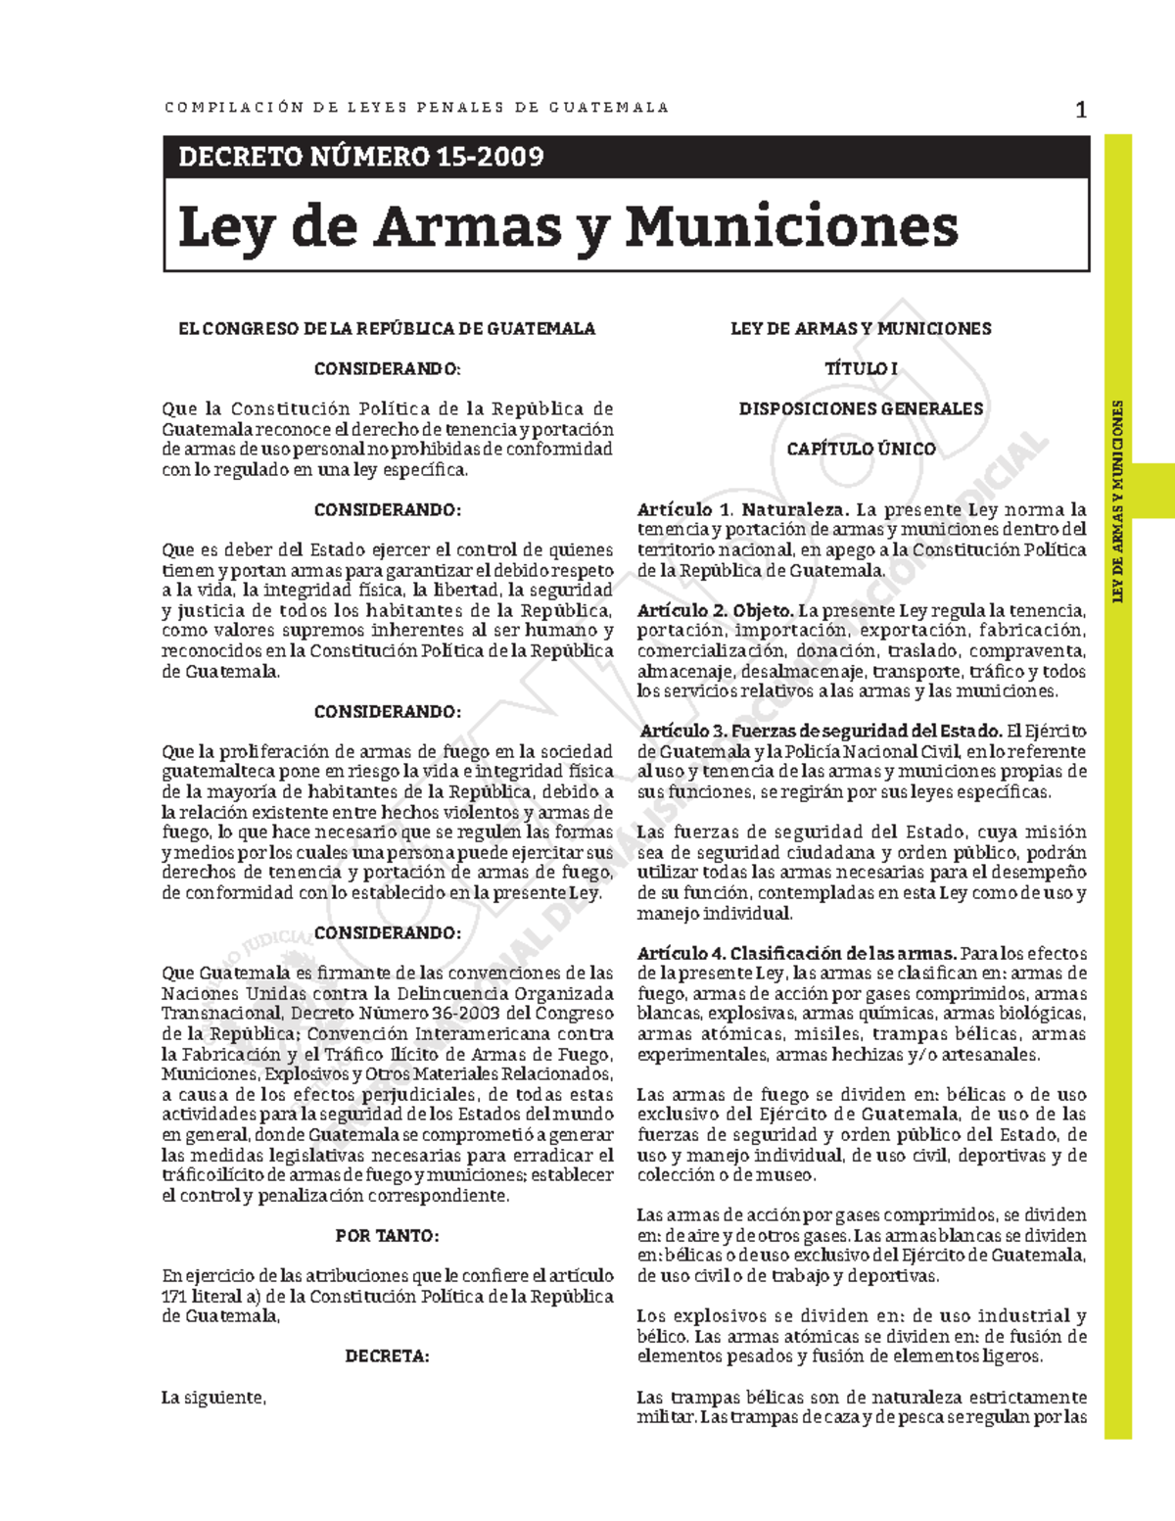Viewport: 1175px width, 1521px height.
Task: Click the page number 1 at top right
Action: (x=1081, y=110)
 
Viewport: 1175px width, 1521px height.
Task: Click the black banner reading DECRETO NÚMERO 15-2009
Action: (x=360, y=157)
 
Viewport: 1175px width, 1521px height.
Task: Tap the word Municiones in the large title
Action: (x=791, y=227)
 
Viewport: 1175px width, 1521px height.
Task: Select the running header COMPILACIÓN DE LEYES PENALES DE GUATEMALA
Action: (x=416, y=108)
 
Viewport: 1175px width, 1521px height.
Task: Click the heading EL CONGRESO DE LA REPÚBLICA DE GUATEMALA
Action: (x=387, y=329)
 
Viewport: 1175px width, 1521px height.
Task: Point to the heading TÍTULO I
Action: (x=861, y=369)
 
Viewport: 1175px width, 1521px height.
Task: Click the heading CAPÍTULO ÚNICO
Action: (x=861, y=450)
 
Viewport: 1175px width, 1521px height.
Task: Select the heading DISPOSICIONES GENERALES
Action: (x=861, y=409)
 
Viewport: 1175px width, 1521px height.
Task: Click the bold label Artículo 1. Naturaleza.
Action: (x=742, y=510)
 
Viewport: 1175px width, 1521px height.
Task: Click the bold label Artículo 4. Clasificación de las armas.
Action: (x=796, y=954)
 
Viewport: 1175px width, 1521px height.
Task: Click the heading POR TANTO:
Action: (x=387, y=1236)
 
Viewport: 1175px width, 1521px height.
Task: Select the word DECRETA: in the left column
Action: (x=387, y=1356)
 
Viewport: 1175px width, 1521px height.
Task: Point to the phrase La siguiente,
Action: (x=213, y=1398)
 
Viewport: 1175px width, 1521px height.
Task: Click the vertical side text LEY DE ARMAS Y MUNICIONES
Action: (x=1117, y=501)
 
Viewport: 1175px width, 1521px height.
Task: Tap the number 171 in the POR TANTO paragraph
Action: (x=174, y=1297)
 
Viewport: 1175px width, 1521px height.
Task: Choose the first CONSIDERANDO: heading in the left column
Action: (x=387, y=369)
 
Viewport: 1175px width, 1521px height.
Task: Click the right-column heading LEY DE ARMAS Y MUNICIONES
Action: (x=861, y=329)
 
